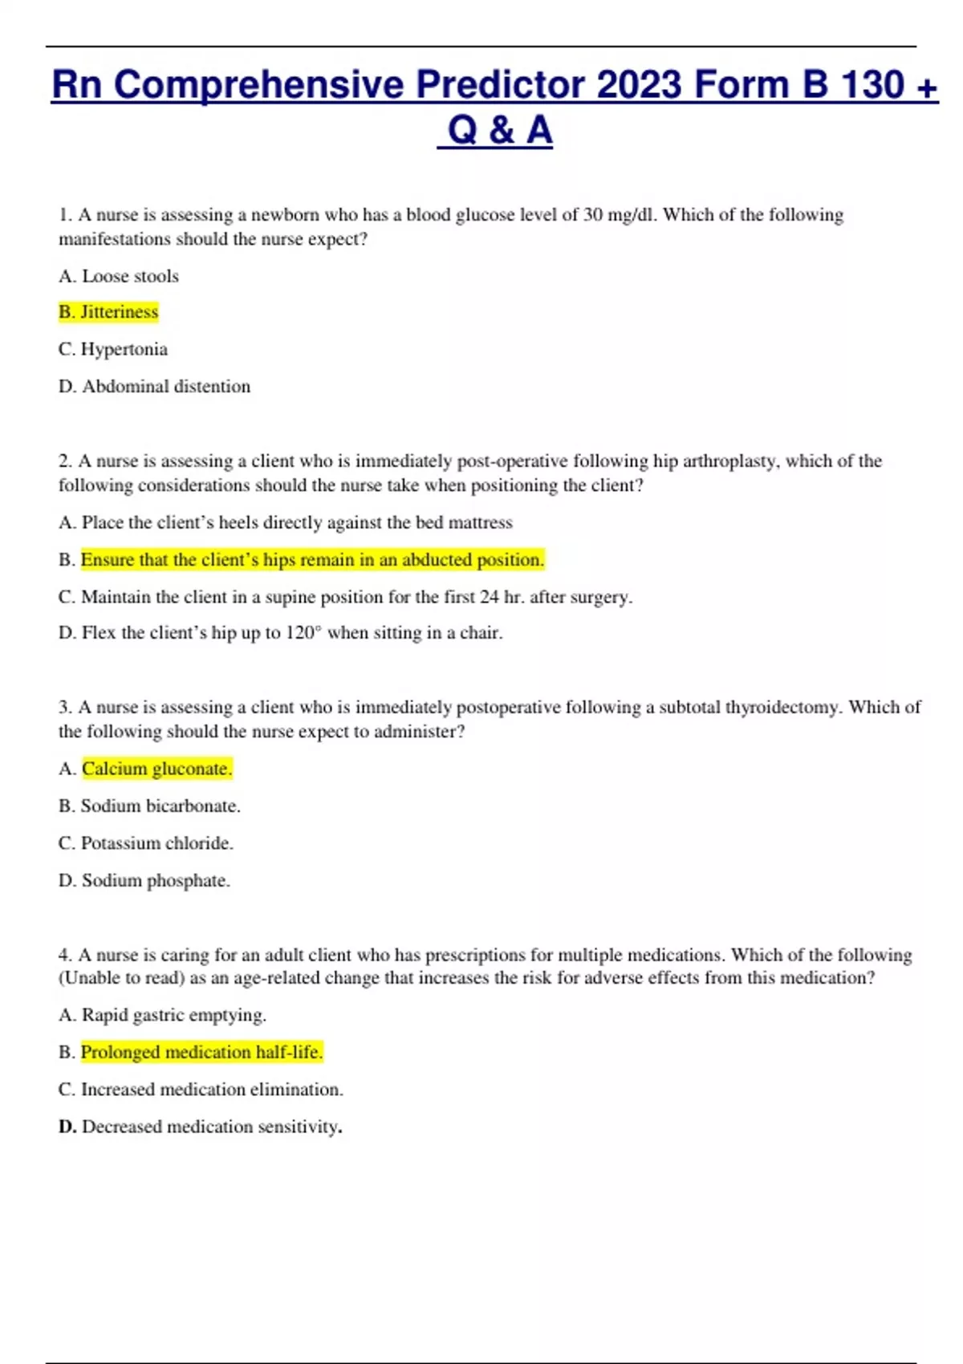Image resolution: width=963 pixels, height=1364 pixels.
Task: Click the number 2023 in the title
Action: pyautogui.click(x=639, y=85)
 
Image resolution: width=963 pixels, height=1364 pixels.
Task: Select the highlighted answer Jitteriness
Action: pyautogui.click(x=119, y=312)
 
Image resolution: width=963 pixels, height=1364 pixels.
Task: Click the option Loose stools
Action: pyautogui.click(x=130, y=276)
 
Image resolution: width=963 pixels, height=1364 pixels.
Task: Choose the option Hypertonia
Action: pyautogui.click(x=124, y=349)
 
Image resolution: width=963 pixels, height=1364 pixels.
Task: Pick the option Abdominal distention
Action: pyautogui.click(x=165, y=386)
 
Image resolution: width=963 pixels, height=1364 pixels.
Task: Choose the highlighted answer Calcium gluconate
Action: pyautogui.click(x=156, y=769)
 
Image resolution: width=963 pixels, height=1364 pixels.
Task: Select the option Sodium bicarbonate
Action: pyautogui.click(x=160, y=806)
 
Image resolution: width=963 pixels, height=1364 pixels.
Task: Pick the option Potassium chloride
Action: pyautogui.click(x=156, y=843)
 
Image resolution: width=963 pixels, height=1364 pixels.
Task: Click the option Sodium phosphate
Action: pyautogui.click(x=156, y=880)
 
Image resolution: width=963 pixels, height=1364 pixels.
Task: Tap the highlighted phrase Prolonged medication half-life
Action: pyautogui.click(x=201, y=1052)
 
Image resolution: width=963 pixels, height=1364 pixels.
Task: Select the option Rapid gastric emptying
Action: pyautogui.click(x=173, y=1015)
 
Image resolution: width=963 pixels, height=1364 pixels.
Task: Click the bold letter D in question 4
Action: pyautogui.click(x=66, y=1127)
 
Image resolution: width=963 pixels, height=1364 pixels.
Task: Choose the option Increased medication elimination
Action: pyautogui.click(x=211, y=1090)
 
